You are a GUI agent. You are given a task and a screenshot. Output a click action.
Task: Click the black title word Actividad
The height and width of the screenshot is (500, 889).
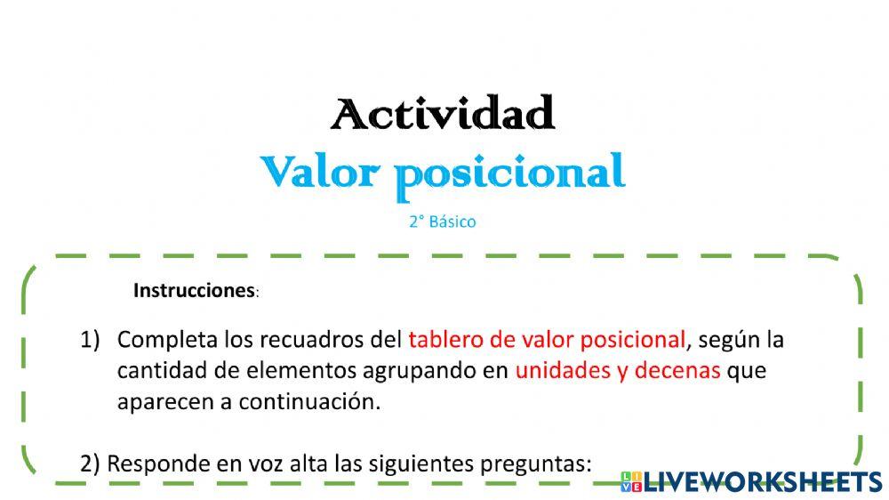(x=443, y=114)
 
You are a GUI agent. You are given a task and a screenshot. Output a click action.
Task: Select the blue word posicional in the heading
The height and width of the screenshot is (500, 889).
(x=510, y=173)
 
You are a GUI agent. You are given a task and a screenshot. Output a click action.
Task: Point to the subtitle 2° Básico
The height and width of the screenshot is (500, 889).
(x=442, y=222)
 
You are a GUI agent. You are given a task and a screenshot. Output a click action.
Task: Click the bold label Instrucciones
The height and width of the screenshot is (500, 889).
(x=194, y=290)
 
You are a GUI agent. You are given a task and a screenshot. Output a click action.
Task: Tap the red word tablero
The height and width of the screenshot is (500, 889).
(x=443, y=340)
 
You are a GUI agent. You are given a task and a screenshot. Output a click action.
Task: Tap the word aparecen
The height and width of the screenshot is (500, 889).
(x=161, y=401)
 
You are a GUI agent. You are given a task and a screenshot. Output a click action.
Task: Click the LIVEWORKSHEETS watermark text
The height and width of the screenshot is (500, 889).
(x=763, y=482)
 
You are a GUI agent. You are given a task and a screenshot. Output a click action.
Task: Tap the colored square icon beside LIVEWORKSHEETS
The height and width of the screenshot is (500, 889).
(x=631, y=482)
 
